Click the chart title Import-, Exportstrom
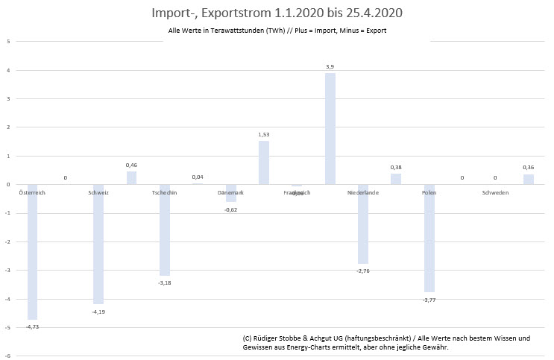tap(277, 13)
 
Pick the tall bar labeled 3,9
tap(330, 128)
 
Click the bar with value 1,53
tap(264, 162)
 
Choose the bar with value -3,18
tap(165, 230)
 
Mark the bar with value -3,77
tap(429, 238)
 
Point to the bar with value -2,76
tap(363, 224)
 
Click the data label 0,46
tap(132, 165)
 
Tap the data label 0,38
tap(396, 167)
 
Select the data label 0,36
tap(528, 168)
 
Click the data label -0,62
tap(231, 209)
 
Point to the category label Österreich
tap(32, 192)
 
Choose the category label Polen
tap(429, 192)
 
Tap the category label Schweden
tap(495, 192)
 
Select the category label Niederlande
tap(363, 192)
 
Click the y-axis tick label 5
tap(7, 42)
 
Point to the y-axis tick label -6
tap(7, 356)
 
